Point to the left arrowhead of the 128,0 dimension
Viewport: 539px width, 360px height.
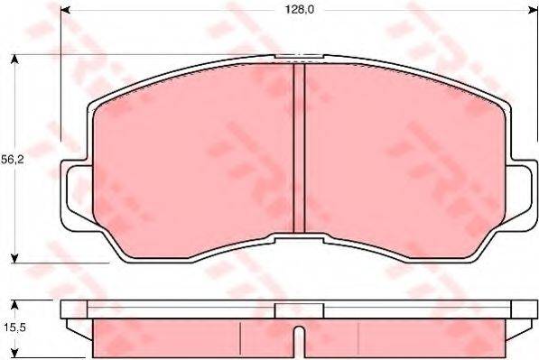(66, 11)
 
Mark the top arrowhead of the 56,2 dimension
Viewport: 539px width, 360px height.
(15, 60)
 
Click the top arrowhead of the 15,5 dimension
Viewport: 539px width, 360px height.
(15, 303)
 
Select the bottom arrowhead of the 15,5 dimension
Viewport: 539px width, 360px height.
(15, 355)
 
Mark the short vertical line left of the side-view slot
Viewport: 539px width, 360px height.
(239, 338)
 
